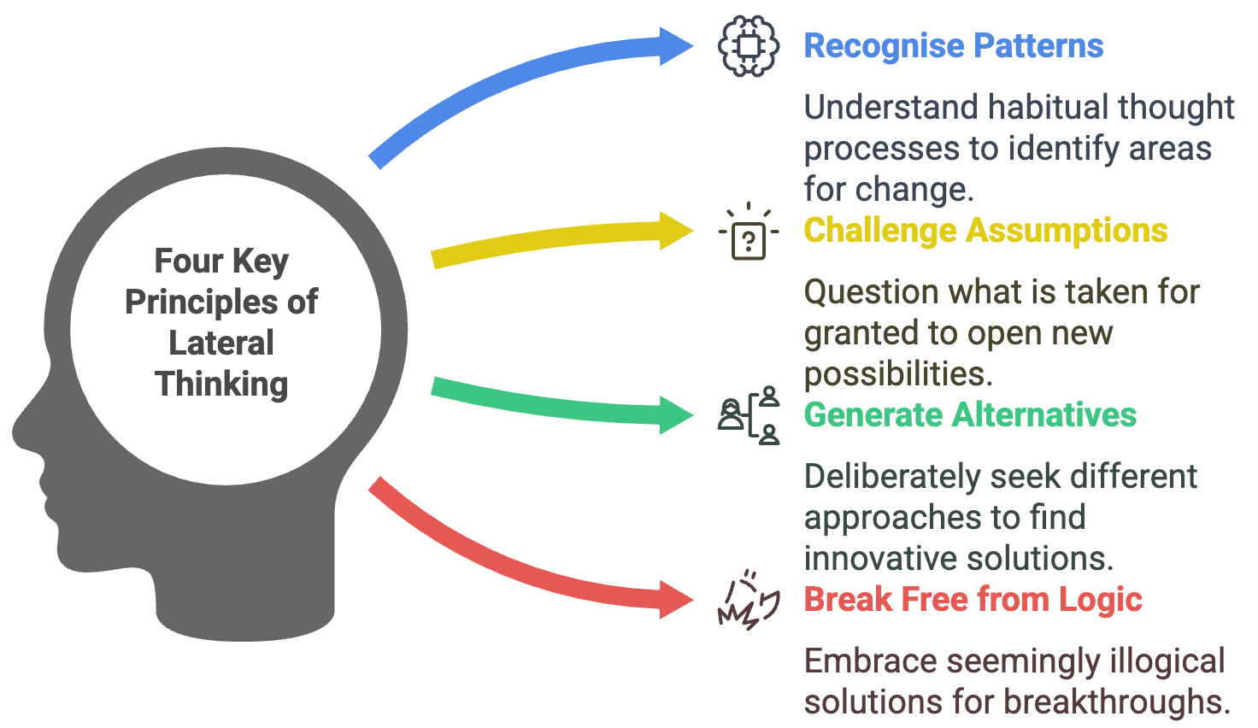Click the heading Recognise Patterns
point(953,46)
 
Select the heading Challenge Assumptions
point(985,231)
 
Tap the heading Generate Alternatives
point(970,415)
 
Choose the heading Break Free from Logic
point(973,600)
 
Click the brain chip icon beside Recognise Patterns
point(749,46)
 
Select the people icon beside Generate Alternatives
point(749,415)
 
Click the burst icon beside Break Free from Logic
point(749,601)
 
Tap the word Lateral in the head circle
point(221,343)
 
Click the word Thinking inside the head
point(221,385)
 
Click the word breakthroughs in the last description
point(1116,702)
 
